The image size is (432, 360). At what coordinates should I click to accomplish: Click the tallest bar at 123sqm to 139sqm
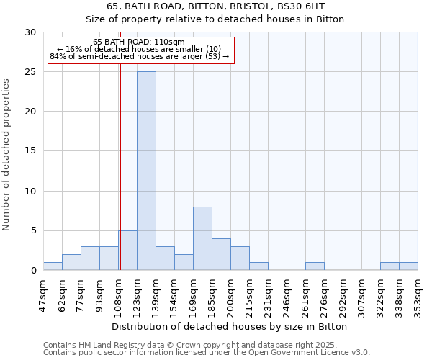point(146,171)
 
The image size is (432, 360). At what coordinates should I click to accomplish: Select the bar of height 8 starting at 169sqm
point(202,238)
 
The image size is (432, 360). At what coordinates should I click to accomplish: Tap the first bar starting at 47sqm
point(53,266)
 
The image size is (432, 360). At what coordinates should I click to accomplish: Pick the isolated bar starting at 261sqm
point(315,266)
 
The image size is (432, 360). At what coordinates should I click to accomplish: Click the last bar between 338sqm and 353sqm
point(408,266)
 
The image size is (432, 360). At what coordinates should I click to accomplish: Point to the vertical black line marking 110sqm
point(120,166)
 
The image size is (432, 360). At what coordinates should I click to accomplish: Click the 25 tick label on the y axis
point(30,72)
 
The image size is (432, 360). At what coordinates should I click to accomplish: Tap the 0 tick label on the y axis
point(33,271)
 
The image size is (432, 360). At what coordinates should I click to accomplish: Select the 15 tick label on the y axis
point(30,151)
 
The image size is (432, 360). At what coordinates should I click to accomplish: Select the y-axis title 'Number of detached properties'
point(7,155)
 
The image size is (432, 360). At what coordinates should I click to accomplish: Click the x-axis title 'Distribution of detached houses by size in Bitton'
point(230,326)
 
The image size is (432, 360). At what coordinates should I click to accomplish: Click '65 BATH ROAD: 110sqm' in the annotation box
point(139,42)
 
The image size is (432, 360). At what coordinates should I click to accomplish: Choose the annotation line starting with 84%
point(139,56)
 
